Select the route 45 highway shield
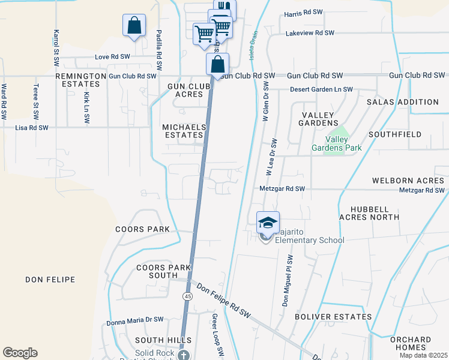(188, 296)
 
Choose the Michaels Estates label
(184, 131)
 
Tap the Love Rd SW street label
(112, 57)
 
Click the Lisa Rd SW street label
(31, 128)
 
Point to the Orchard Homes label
(411, 343)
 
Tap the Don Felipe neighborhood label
(50, 280)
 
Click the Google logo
(20, 353)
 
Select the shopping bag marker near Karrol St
(134, 26)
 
